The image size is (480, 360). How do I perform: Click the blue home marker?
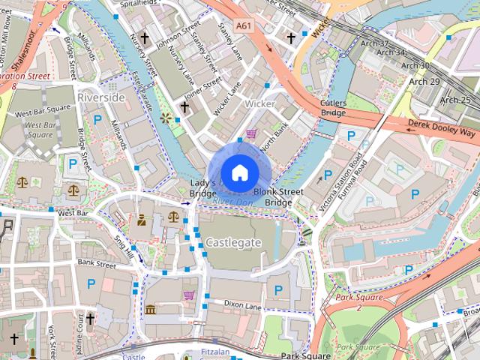point(239,173)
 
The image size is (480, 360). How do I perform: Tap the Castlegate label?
point(233,242)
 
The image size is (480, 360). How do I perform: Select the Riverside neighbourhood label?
point(100,97)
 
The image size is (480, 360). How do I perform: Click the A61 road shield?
point(242,25)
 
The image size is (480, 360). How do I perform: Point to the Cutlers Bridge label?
point(333,107)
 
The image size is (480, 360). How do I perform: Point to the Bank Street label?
point(95,263)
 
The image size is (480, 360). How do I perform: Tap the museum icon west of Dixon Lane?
point(150,310)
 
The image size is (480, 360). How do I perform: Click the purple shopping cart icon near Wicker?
point(251,134)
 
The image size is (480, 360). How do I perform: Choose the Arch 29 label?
point(424,81)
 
